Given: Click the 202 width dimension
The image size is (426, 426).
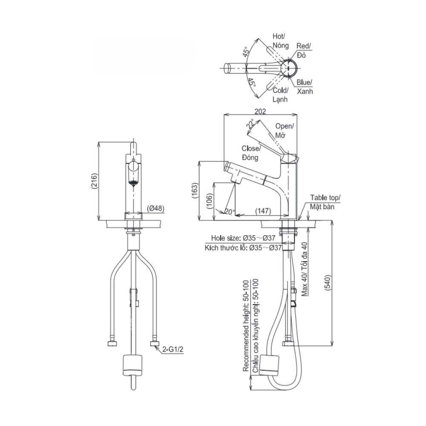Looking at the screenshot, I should [x=260, y=111].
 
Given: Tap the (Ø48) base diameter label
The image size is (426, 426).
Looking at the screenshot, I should [x=156, y=209].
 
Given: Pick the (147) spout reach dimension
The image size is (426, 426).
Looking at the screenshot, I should [x=263, y=210].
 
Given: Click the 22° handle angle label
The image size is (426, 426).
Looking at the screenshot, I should [x=251, y=124].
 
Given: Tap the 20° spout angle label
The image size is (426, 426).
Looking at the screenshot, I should [x=229, y=212].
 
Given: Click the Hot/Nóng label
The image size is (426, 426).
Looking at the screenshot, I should [x=280, y=41].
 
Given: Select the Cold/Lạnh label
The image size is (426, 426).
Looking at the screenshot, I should [x=280, y=95].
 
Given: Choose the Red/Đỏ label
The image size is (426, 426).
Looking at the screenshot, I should [x=304, y=50].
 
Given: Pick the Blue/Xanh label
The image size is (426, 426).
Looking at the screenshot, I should [x=305, y=86].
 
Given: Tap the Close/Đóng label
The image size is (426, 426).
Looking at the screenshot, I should [x=250, y=153].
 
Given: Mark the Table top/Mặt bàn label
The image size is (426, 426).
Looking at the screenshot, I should [x=325, y=202].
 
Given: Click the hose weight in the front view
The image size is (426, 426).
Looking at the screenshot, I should [x=132, y=363].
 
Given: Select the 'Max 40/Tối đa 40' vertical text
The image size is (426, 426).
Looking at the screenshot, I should [x=304, y=269].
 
